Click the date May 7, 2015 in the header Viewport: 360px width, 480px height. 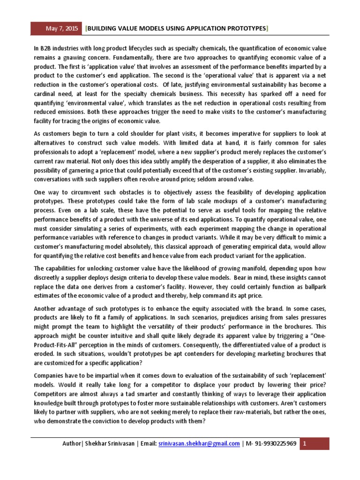63,29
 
